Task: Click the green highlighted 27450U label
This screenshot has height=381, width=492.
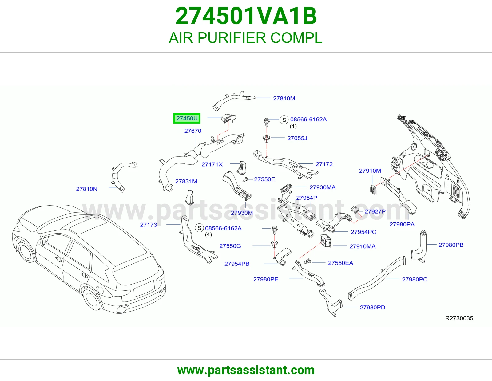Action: click(x=187, y=118)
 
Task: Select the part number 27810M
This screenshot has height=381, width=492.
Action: click(x=284, y=98)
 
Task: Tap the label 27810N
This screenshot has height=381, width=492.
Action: click(x=87, y=189)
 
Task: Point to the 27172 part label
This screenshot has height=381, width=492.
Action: click(x=324, y=164)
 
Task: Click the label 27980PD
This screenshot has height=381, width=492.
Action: click(x=372, y=307)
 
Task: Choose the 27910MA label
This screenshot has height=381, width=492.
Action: click(x=363, y=246)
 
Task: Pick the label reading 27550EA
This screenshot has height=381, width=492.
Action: click(x=340, y=263)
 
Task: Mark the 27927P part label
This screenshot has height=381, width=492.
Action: click(x=375, y=211)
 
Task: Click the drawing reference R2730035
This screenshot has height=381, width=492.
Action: click(x=459, y=318)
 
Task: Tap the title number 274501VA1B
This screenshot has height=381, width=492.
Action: click(x=246, y=16)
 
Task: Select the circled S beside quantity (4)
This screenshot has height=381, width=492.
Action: click(x=200, y=228)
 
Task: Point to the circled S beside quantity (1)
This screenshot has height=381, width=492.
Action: click(x=284, y=120)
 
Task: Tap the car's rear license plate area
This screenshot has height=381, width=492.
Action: click(x=144, y=289)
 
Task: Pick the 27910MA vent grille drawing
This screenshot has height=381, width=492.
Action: click(x=326, y=241)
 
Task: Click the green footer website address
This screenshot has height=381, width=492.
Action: click(x=246, y=370)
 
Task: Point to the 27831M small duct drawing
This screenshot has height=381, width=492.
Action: click(x=190, y=198)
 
